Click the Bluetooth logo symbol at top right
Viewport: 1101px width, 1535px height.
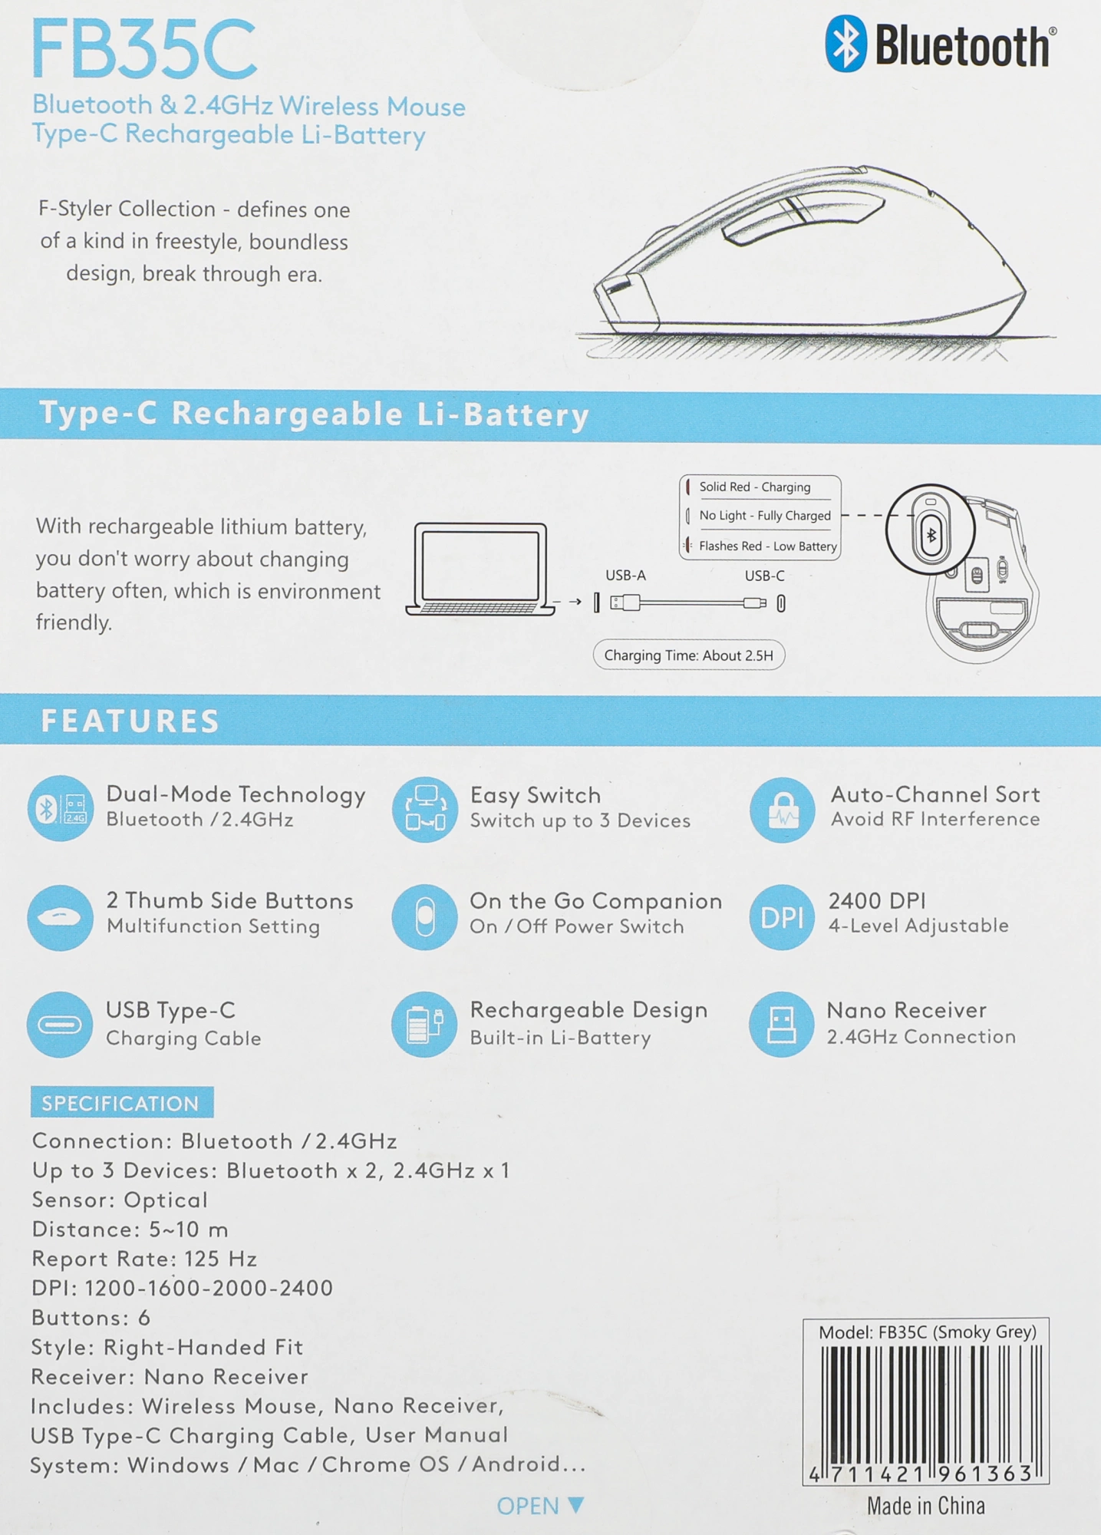coord(846,44)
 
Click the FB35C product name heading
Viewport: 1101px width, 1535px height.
coord(143,49)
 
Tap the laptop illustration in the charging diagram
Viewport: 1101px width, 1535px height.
coord(480,569)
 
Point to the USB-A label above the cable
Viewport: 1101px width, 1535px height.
coord(625,575)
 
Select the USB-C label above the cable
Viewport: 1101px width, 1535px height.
coord(764,576)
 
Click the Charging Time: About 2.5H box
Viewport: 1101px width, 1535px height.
coord(689,655)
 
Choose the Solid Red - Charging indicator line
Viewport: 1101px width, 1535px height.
coord(754,487)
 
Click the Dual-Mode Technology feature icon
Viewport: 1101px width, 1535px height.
coord(61,808)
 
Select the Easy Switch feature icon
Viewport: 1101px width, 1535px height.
coord(425,809)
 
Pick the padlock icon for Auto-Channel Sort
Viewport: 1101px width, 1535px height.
coord(782,810)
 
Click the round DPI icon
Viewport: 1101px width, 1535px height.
coord(782,917)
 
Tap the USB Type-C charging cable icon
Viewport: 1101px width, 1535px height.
coord(60,1025)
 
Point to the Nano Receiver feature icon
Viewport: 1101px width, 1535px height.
coord(781,1025)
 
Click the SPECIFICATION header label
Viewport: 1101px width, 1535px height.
coord(121,1103)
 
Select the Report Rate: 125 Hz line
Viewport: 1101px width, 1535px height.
coord(144,1259)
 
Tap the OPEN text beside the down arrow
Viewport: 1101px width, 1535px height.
coord(528,1506)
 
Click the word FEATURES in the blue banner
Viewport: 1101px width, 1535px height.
coord(130,721)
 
